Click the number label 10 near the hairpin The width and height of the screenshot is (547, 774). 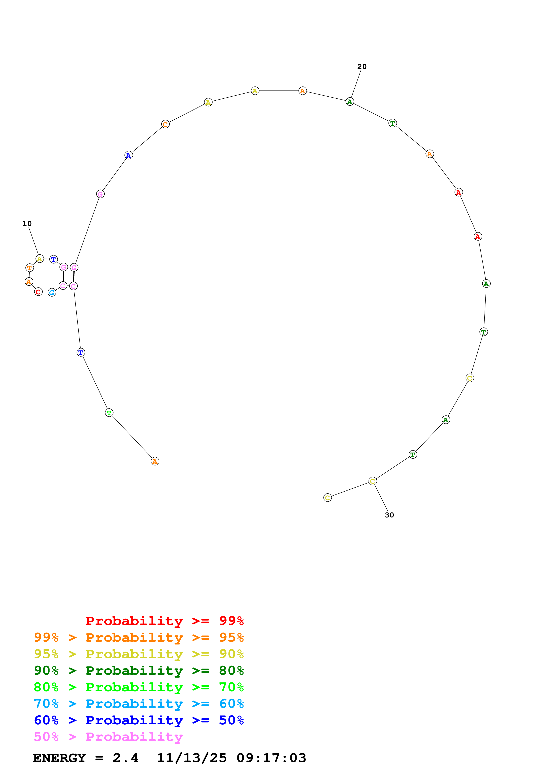(27, 224)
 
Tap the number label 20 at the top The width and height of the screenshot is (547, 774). (362, 66)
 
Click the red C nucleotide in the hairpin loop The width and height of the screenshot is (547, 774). (38, 292)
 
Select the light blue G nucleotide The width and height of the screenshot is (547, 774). (52, 292)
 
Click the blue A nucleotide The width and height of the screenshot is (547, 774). (129, 155)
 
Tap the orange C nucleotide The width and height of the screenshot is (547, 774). (165, 124)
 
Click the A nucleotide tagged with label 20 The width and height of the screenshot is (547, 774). (350, 101)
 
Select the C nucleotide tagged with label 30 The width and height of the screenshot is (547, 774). (372, 481)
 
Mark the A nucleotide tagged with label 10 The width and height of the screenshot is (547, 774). (40, 259)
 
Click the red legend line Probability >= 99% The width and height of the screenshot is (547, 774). (164, 621)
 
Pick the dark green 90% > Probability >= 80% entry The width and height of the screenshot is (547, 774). (139, 671)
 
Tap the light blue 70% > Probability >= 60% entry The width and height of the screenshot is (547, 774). (139, 704)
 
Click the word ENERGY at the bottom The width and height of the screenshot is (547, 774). (59, 758)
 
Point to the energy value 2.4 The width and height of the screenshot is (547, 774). (125, 758)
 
